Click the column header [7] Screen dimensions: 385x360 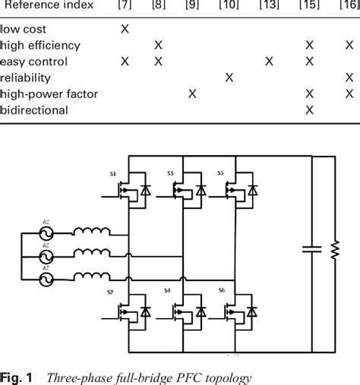pos(125,5)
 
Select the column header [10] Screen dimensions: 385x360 pos(228,5)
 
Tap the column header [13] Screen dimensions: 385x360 pos(268,5)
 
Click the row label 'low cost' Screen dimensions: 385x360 pos(24,29)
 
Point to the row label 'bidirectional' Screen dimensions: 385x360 pos(34,110)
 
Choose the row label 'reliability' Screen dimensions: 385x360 pos(26,77)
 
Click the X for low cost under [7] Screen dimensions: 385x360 pos(125,29)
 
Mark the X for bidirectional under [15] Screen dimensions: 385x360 pos(309,110)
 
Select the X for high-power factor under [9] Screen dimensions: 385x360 pos(193,93)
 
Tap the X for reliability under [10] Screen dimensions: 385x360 pos(229,77)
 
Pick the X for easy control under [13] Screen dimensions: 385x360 pos(268,62)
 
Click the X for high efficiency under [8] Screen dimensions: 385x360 pos(158,45)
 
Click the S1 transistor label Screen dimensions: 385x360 pos(113,174)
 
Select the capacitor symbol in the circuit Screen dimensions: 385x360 pos(308,248)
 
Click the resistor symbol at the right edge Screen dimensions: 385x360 pos(334,250)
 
